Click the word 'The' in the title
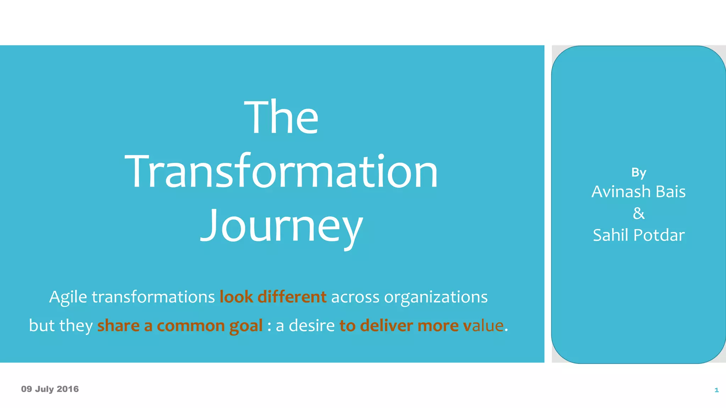[x=281, y=117]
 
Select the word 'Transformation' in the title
[x=281, y=172]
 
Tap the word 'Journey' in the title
[x=281, y=226]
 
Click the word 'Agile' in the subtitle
[x=68, y=297]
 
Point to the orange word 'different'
[x=292, y=297]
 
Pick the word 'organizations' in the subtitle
[x=436, y=297]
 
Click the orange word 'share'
[x=118, y=325]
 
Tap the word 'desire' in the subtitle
[x=312, y=325]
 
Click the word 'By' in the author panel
[x=638, y=173]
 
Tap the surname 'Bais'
[x=671, y=192]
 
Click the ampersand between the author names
[x=638, y=213]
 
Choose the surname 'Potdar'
[x=659, y=235]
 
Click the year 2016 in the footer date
[x=68, y=389]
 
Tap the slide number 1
[x=716, y=390]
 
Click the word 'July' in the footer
[x=44, y=389]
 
